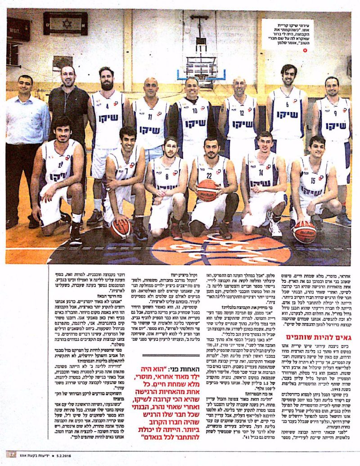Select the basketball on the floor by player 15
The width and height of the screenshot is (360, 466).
click(x=304, y=232)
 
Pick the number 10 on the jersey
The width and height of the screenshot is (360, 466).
click(x=195, y=110)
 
